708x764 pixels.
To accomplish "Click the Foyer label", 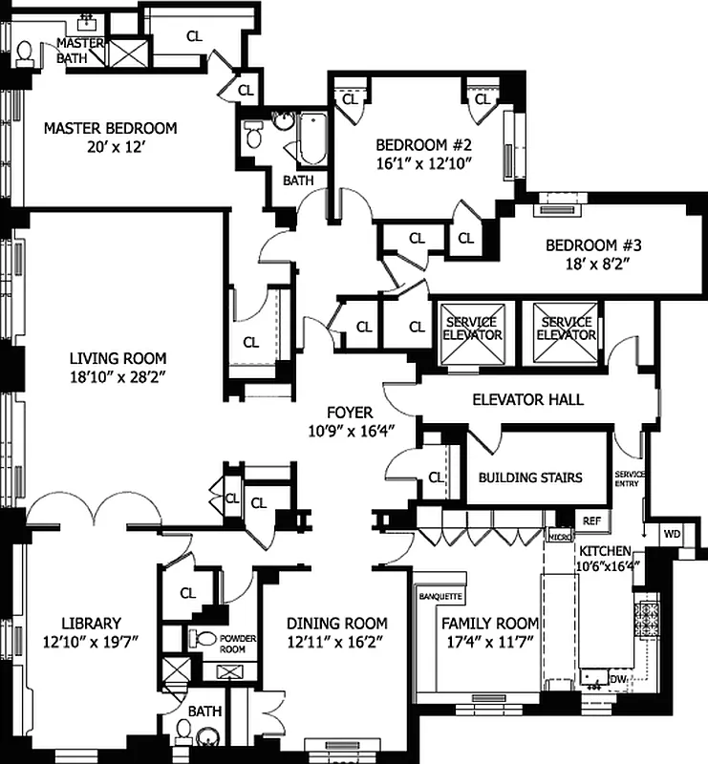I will pyautogui.click(x=350, y=413).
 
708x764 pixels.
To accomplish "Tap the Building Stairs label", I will pyautogui.click(x=529, y=477).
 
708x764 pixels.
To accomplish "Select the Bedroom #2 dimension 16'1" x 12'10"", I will pyautogui.click(x=424, y=163).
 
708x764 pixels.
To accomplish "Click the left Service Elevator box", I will pyautogui.click(x=472, y=335).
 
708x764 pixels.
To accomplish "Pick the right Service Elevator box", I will pyautogui.click(x=564, y=335).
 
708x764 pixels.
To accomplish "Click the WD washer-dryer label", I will pyautogui.click(x=672, y=535).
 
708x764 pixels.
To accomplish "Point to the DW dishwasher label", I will pyautogui.click(x=618, y=679).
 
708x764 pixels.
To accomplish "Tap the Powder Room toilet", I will pyautogui.click(x=203, y=638).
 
